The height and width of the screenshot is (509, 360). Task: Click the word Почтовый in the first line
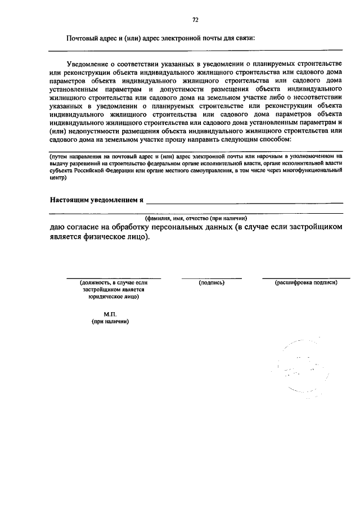81,38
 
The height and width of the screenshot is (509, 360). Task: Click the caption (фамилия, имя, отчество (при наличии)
196,218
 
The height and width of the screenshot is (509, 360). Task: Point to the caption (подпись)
211,282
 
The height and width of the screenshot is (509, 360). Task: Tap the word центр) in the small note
58,178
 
